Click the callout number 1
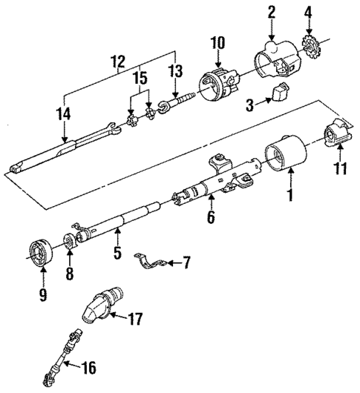[x=290, y=196]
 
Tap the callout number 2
[x=272, y=11]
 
